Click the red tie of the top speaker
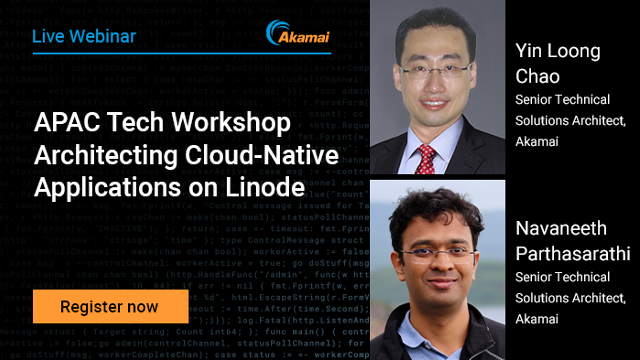coord(427,158)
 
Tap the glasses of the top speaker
coord(433,70)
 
